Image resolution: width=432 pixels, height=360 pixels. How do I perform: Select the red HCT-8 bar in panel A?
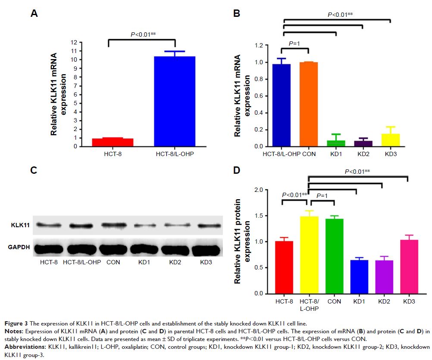point(107,142)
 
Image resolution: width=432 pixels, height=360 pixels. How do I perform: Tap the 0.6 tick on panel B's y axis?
point(258,96)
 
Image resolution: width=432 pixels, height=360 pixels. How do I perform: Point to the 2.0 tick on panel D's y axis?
point(259,190)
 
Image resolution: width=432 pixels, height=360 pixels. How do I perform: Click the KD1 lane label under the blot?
point(139,262)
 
